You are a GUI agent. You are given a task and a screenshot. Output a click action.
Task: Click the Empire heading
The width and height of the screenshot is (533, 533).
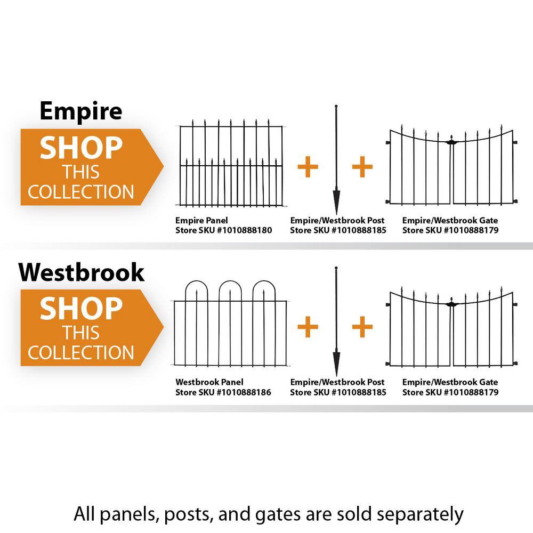tap(80, 111)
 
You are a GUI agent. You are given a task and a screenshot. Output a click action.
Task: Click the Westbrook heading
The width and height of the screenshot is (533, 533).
tap(82, 272)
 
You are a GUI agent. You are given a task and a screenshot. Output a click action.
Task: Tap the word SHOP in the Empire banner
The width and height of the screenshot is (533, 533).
tap(81, 148)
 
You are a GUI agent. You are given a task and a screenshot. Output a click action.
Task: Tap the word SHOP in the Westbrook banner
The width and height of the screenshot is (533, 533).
tap(81, 309)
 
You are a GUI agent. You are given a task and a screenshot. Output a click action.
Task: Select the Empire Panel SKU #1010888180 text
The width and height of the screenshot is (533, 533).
tap(223, 231)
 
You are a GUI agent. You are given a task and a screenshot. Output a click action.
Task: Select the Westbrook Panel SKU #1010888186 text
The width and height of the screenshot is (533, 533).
tap(223, 393)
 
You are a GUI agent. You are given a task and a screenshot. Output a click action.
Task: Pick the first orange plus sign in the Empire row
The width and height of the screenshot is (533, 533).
tap(308, 167)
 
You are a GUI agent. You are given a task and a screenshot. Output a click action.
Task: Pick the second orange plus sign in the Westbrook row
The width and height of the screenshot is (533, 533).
tap(362, 327)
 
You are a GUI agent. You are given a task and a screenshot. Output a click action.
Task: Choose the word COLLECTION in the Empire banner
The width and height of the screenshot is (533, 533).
tap(81, 192)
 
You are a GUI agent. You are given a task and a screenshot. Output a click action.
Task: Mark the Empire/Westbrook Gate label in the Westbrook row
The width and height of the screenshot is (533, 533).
tap(450, 382)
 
